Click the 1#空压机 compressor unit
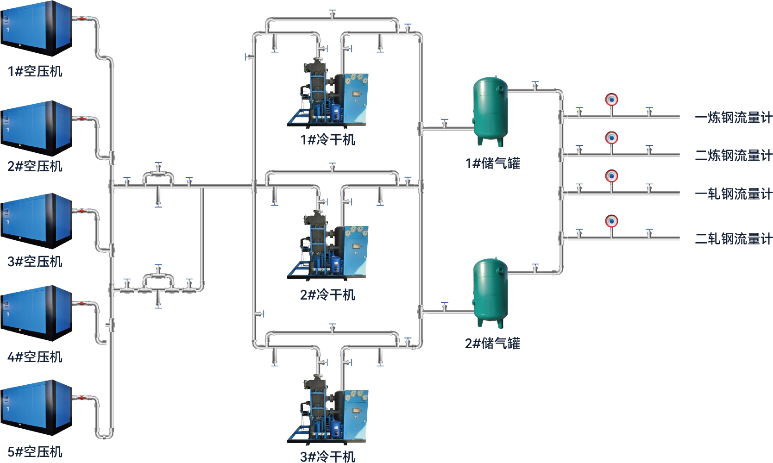pos(36,28)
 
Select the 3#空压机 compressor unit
pos(36,220)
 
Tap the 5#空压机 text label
pos(35,452)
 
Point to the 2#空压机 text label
pos(35,166)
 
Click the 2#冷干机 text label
pos(328,295)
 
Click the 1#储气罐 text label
pos(493,163)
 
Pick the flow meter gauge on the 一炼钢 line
pos(611,100)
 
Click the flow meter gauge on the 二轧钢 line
pos(611,221)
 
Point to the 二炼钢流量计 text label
pos(733,156)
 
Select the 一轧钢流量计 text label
pos(733,194)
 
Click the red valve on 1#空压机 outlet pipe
pos(82,19)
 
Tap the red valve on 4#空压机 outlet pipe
pos(82,303)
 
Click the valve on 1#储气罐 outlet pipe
pos(535,86)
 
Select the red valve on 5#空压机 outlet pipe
pos(82,398)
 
